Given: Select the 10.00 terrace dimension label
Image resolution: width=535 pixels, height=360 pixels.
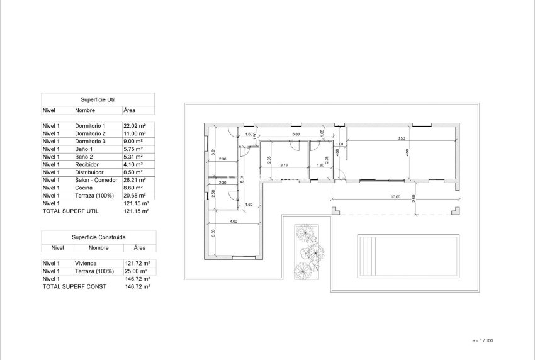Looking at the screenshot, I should tap(395, 197).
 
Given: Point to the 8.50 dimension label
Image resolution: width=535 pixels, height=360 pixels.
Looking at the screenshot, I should tap(400, 138).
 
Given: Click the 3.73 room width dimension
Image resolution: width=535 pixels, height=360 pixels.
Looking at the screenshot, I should tap(284, 166).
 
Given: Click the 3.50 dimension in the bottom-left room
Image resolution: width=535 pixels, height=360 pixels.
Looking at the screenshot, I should tap(214, 232).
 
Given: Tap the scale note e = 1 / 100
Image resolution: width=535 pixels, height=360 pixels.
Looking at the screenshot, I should tap(482, 340).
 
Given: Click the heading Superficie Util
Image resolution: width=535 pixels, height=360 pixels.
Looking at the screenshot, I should tap(98, 99).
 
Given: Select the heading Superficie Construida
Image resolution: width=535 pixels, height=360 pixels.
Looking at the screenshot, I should tap(98, 238).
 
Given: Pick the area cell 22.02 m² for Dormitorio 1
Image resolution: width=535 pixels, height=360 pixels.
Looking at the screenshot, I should tap(135, 126).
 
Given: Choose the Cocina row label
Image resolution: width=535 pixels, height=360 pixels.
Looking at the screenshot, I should tap(84, 188).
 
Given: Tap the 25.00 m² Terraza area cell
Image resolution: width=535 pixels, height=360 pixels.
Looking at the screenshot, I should tap(137, 271).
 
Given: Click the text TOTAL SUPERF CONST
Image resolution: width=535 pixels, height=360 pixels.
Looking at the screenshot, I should tap(74, 286).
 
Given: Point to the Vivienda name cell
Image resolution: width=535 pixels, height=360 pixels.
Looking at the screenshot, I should tap(86, 263).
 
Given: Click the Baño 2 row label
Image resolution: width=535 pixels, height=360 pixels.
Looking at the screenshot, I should tap(85, 157).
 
